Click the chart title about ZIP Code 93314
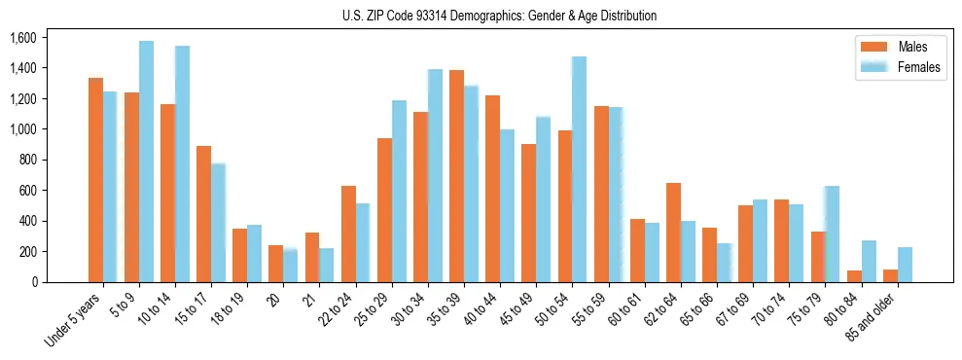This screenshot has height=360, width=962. coord(499,16)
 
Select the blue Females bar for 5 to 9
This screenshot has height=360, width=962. coord(146,162)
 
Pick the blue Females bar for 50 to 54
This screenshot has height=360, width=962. coord(579,169)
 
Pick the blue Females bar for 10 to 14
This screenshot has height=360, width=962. coord(182,163)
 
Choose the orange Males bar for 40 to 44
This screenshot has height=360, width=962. coord(492,189)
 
